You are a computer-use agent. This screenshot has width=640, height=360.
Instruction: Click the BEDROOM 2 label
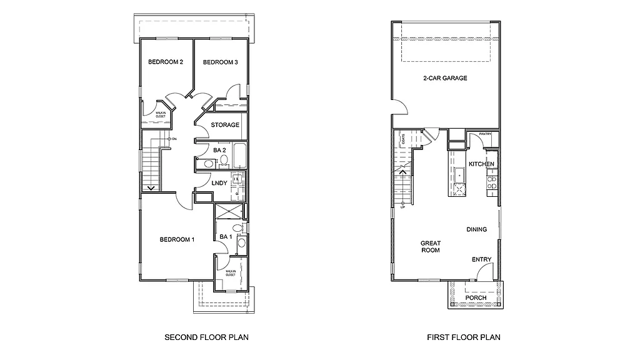(x=166, y=62)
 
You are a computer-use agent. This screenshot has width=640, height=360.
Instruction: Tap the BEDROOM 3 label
(x=220, y=62)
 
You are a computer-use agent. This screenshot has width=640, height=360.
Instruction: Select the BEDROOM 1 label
(x=177, y=240)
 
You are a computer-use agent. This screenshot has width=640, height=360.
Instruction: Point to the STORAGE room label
(x=225, y=125)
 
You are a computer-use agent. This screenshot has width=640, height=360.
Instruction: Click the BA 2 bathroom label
(x=219, y=151)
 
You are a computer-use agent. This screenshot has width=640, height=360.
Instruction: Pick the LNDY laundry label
(x=219, y=183)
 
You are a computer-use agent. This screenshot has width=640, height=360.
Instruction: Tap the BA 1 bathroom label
(x=226, y=237)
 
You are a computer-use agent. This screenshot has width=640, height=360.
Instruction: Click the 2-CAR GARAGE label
(x=446, y=79)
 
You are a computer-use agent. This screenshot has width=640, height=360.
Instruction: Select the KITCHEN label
(x=482, y=164)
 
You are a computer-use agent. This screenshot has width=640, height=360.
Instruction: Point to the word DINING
(x=477, y=230)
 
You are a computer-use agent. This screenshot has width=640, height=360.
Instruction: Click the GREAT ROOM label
(x=430, y=247)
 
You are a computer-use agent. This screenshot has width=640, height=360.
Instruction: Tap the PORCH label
(x=476, y=298)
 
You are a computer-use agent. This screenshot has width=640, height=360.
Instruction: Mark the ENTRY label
(x=481, y=260)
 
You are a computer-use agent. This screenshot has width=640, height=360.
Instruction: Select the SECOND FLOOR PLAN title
(x=206, y=337)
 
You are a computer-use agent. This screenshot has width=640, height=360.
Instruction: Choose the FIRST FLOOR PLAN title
(x=464, y=337)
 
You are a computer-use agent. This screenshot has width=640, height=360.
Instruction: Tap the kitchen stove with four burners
(x=492, y=182)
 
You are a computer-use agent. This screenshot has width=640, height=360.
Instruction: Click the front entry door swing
(x=483, y=272)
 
